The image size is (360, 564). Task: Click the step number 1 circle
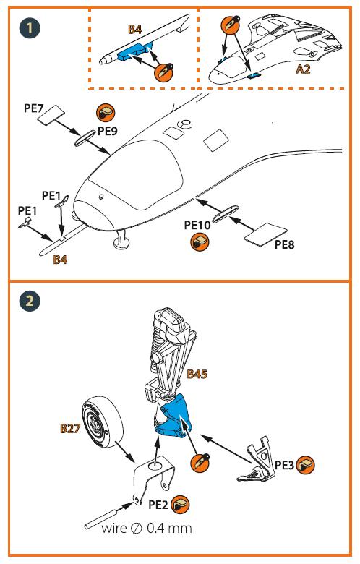pos(30,28)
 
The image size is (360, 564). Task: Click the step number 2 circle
pos(30,301)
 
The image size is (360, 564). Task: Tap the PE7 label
pos(33,108)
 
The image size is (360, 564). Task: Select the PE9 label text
pos(108,131)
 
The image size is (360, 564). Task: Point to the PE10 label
pos(197,225)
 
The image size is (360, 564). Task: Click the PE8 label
pos(284,244)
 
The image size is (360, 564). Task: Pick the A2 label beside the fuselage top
pos(303,69)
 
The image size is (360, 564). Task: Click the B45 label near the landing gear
pos(197,374)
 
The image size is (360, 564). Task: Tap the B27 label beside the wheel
pos(70,428)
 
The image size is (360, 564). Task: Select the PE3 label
pos(285,465)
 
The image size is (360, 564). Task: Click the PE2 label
pos(158,505)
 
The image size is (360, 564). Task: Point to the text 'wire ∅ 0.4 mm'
pos(146,528)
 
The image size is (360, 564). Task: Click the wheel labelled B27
pos(102,422)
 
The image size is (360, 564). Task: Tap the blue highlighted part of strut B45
pos(175,416)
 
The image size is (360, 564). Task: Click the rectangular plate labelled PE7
pos(51,114)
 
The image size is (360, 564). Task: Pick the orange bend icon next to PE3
pos(305,465)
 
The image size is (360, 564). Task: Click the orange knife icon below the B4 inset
pos(163,72)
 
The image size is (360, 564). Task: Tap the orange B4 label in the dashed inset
pos(135,29)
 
